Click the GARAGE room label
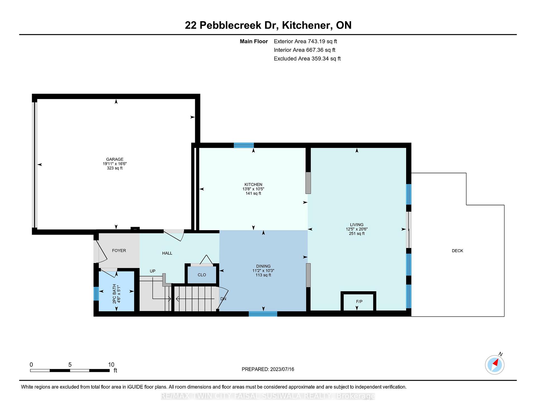(x=115, y=159)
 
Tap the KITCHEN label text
(x=253, y=184)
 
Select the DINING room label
(x=263, y=266)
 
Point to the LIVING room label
(x=357, y=225)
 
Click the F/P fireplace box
(x=358, y=301)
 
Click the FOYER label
(x=119, y=251)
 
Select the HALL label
(x=167, y=253)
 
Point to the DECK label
(x=457, y=251)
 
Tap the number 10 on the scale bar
(x=111, y=365)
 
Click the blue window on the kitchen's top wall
(x=244, y=145)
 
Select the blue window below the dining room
(x=263, y=314)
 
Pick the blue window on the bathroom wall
(x=96, y=294)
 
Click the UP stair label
(x=152, y=271)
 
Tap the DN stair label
(x=223, y=299)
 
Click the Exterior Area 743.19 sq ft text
(x=305, y=41)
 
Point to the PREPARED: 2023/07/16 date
(x=268, y=369)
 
